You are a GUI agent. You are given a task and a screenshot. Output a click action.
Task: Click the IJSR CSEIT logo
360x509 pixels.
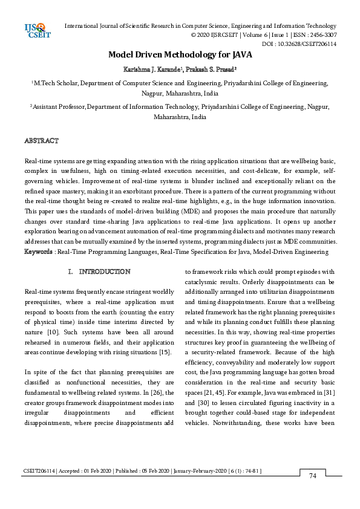pos(36,30)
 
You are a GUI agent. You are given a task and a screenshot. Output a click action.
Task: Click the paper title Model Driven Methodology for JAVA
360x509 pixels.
pos(180,54)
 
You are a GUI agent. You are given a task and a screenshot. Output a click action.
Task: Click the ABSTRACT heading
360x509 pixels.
pos(41,141)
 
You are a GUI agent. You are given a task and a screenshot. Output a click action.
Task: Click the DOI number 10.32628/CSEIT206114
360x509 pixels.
pos(307,44)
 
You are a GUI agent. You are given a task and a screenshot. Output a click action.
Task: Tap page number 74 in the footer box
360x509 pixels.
pos(312,476)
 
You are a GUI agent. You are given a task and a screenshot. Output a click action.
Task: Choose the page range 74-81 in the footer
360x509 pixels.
pos(252,470)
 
